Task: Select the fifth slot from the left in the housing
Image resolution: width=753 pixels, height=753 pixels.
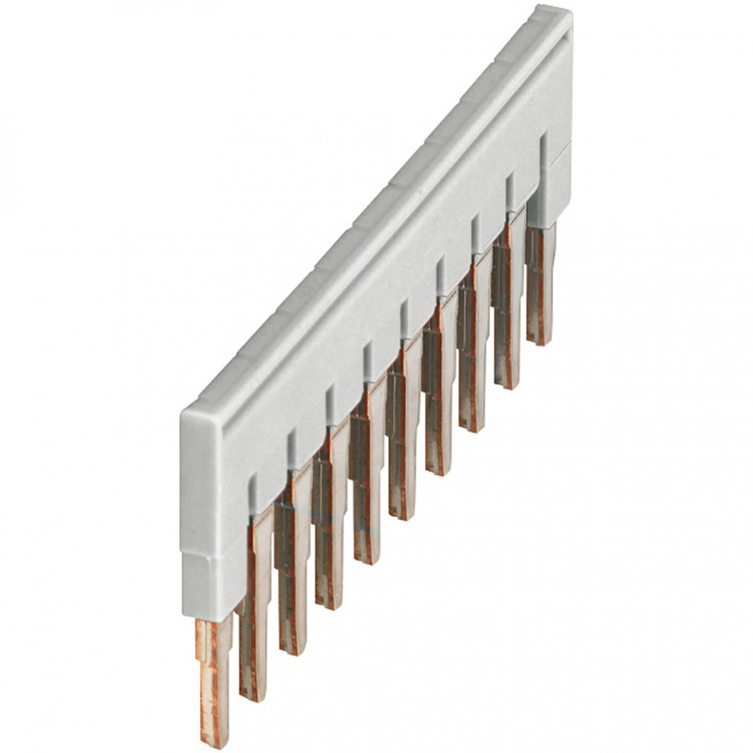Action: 405,317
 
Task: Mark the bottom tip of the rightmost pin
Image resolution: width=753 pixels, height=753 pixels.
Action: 540,341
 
